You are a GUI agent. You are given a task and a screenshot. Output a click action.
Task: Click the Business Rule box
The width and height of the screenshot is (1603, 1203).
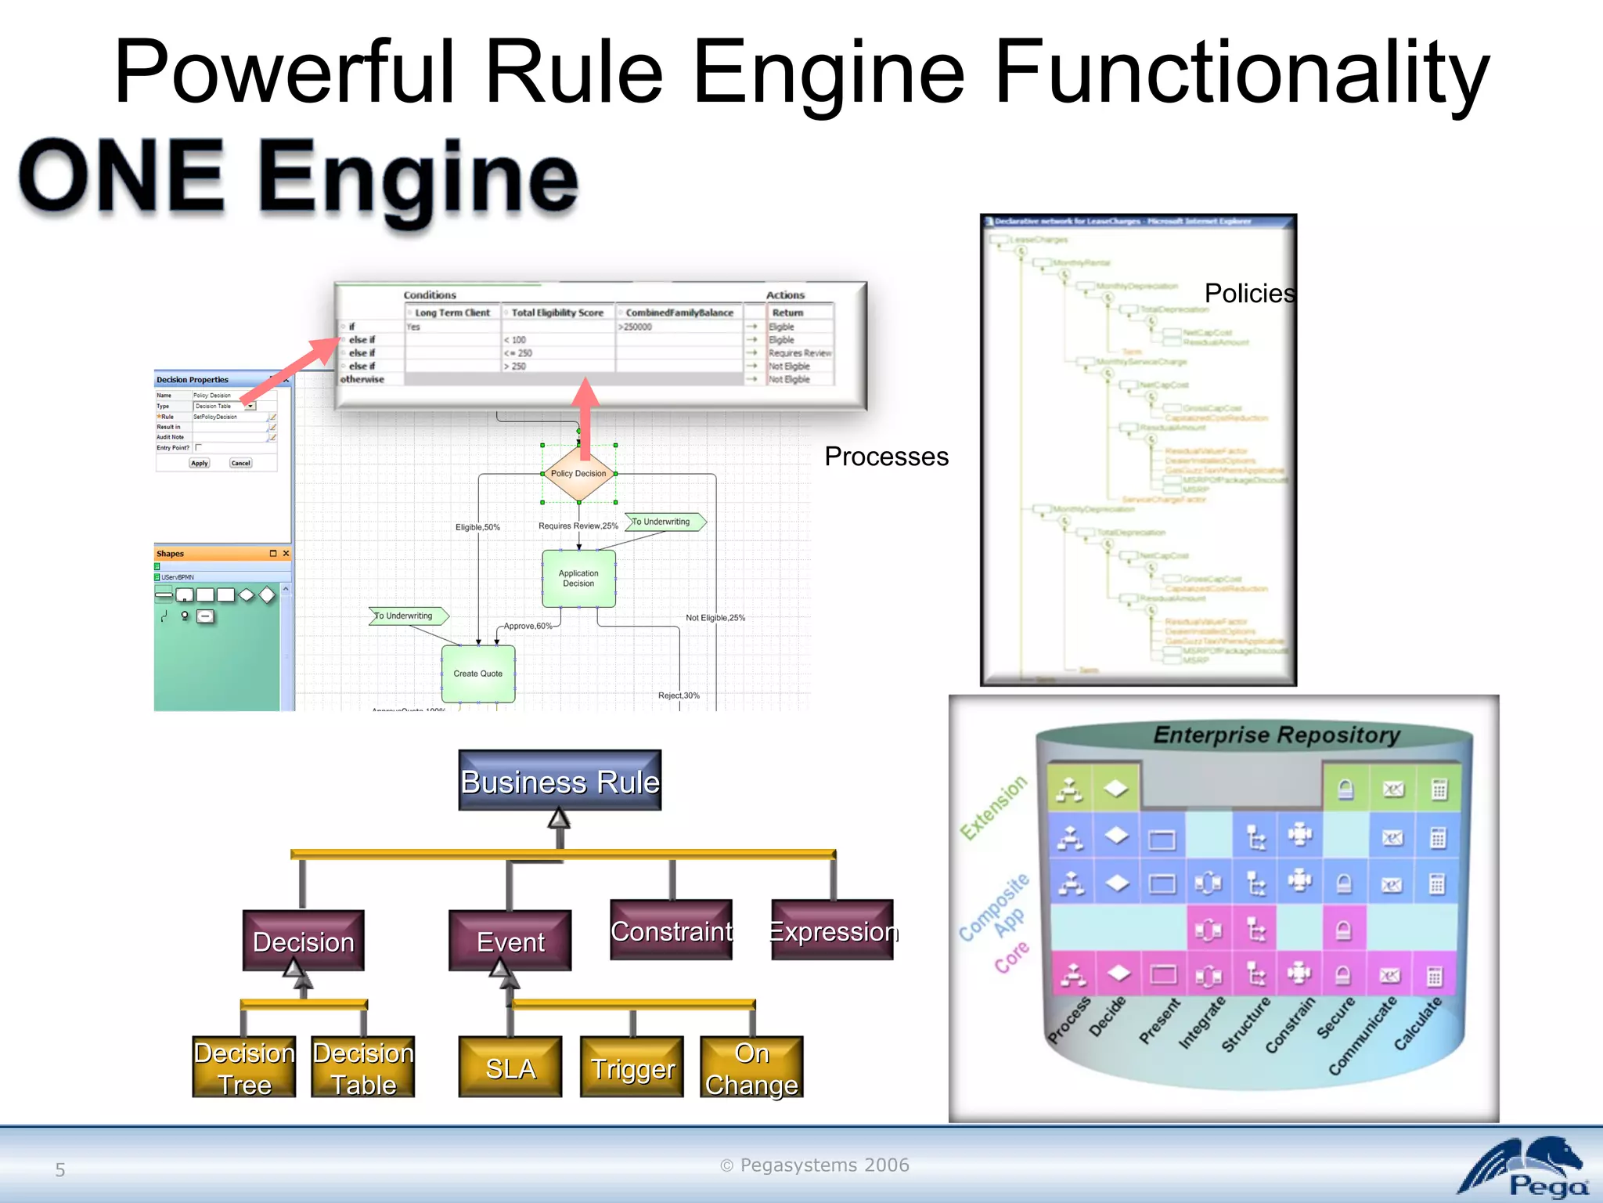560,781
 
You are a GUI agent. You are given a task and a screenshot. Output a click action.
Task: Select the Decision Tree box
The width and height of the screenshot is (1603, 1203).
244,1068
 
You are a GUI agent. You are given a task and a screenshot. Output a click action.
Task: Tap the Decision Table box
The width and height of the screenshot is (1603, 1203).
363,1068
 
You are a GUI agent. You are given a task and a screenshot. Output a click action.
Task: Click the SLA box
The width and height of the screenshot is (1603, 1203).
510,1068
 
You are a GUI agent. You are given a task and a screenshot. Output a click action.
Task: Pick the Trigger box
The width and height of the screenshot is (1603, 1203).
632,1068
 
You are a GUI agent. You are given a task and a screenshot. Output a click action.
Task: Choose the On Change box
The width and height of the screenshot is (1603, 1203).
751,1068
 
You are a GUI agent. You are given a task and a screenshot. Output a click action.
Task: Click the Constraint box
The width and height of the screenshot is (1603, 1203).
672,930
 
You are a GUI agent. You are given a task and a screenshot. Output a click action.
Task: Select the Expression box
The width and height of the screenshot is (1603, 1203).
833,930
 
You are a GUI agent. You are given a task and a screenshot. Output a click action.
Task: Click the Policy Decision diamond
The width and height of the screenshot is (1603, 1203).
578,474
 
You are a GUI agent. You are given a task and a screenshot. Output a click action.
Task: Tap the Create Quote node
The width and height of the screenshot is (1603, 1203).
478,674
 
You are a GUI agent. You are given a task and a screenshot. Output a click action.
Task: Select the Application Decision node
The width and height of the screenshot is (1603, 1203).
578,578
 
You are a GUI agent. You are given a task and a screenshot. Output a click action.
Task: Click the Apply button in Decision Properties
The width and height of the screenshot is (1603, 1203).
200,463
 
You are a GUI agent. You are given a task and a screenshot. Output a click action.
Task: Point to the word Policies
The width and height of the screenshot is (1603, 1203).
1248,293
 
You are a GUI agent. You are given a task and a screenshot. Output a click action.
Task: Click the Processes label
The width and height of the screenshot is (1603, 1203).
886,456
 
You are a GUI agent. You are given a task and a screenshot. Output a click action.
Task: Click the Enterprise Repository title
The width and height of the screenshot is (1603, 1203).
1277,735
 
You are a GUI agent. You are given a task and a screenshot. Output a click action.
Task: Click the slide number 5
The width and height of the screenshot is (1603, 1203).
60,1169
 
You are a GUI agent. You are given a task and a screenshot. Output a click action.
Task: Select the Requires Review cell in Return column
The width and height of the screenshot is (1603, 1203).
799,353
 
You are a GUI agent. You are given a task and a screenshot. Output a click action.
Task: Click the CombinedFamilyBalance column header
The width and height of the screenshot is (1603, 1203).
679,312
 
